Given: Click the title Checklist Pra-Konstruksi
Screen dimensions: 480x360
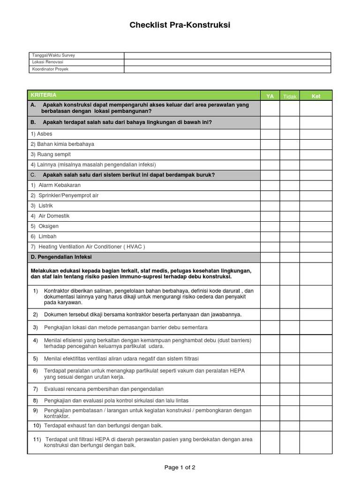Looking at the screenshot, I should pos(180,25).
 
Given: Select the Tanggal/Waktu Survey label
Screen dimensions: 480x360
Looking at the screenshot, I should pos(53,55).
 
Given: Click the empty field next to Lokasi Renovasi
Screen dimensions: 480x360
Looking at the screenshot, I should pos(227,62).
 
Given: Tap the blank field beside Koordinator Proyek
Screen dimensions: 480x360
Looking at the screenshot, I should pos(227,69).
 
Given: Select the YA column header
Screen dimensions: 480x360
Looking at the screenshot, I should pos(270,96).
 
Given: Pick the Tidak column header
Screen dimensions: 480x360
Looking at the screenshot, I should pos(290,97).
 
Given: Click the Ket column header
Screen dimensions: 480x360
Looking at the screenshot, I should pos(315,96).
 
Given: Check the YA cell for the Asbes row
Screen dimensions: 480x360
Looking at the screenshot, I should pos(270,134).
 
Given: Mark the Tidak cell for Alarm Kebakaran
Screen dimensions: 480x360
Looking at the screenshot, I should pos(290,185).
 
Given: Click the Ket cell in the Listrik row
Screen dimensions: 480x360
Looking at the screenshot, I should pos(315,206).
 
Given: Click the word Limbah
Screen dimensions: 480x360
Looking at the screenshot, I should pos(47,237).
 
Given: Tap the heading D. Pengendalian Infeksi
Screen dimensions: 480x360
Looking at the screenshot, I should pos(61,257).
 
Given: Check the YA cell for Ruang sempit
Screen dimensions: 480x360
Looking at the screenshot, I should pos(270,155).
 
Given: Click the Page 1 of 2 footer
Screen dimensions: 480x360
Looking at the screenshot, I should pos(180,467).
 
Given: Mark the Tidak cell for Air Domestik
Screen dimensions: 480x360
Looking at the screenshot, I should pos(290,216).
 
